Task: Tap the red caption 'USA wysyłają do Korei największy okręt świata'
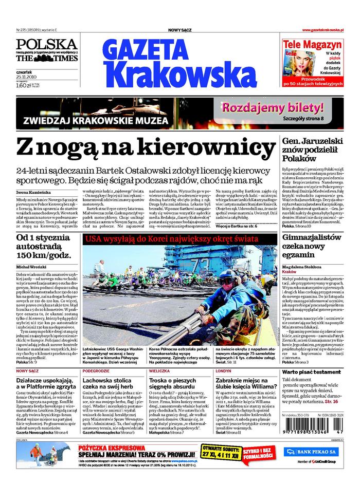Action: point(175,239)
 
